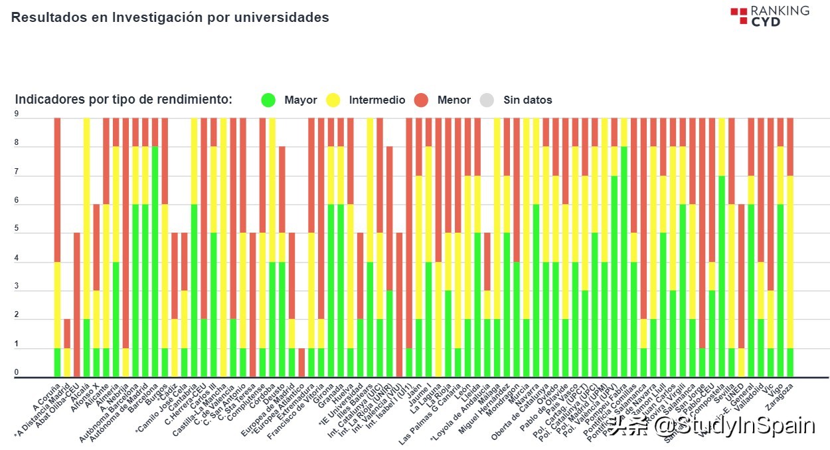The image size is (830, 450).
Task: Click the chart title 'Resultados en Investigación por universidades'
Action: click(x=170, y=18)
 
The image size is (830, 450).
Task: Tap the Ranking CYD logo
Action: click(x=770, y=16)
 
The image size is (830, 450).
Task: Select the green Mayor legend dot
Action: click(x=268, y=100)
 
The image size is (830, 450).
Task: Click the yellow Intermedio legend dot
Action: click(x=333, y=100)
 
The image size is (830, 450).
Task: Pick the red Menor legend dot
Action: click(x=421, y=100)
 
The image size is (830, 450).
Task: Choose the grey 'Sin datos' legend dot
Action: click(x=487, y=100)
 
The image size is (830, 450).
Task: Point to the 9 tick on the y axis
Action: click(x=17, y=114)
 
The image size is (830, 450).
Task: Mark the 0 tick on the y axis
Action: click(x=17, y=373)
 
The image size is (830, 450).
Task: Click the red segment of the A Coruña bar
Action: click(x=58, y=189)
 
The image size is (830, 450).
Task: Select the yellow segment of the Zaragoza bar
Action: click(x=790, y=262)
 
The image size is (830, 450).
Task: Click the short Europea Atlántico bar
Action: click(x=301, y=362)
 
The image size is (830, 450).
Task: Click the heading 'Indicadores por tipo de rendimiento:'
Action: click(x=124, y=100)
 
